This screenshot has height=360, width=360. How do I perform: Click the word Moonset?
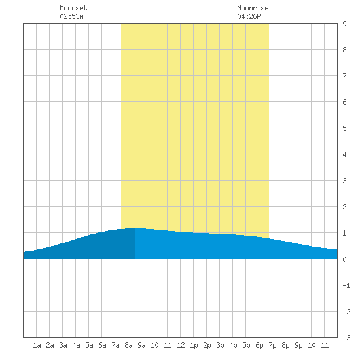(73, 8)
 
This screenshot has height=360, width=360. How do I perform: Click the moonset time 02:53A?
(71, 16)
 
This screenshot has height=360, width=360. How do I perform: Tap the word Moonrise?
(253, 8)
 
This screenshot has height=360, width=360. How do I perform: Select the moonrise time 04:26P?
(249, 16)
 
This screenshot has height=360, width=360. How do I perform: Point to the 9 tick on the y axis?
(344, 24)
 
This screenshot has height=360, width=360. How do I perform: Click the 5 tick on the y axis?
(344, 128)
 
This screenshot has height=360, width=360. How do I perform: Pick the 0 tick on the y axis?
(344, 259)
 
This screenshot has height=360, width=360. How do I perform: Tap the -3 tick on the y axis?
(346, 338)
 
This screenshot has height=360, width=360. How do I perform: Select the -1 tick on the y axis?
(346, 285)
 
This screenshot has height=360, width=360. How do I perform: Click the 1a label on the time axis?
(37, 345)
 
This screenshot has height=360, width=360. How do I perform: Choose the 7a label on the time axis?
(115, 345)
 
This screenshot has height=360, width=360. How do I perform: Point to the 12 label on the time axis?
(181, 345)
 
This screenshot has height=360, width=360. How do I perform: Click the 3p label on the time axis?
(220, 345)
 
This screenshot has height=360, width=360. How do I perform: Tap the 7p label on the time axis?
(272, 345)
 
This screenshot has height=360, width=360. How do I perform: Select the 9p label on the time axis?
(298, 345)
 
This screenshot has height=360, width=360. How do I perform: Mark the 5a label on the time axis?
(89, 345)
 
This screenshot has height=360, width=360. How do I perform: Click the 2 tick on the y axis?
(344, 207)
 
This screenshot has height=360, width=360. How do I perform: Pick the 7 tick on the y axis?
(344, 76)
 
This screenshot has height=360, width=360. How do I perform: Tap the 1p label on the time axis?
(194, 345)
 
